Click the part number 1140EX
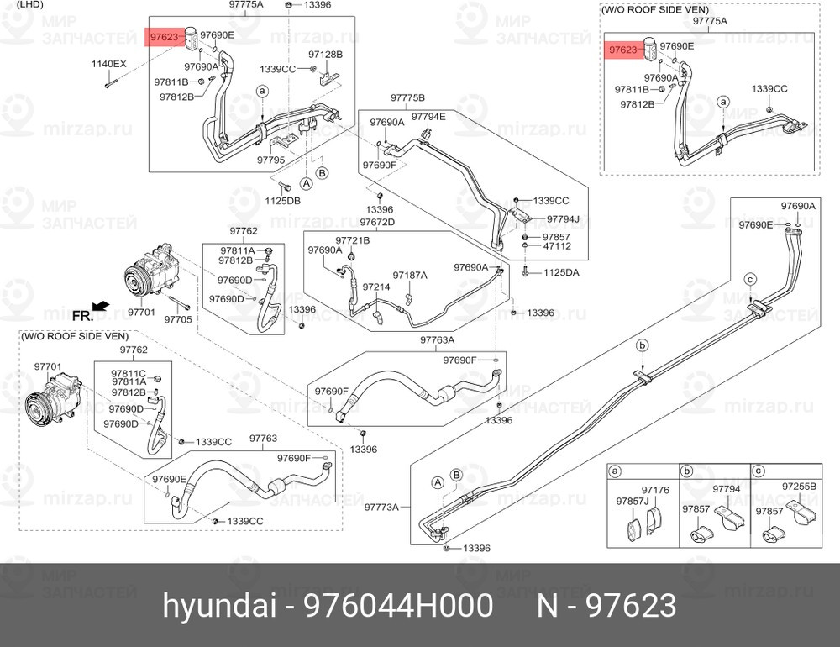(x=108, y=65)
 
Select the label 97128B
(x=325, y=55)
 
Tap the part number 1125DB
(x=283, y=201)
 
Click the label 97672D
(x=377, y=222)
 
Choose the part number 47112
(x=557, y=246)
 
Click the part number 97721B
(x=353, y=240)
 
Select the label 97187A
(x=410, y=275)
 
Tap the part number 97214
(x=375, y=287)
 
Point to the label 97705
(x=177, y=319)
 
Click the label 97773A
(x=381, y=507)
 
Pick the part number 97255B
(x=798, y=486)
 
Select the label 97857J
(x=631, y=501)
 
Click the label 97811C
(x=129, y=372)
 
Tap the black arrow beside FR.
(x=100, y=306)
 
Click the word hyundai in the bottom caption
(x=201, y=605)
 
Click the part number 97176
(x=655, y=489)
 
